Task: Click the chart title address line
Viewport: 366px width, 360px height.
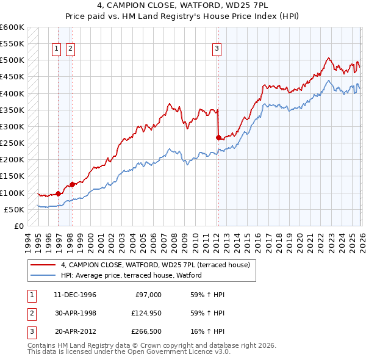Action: tap(183, 5)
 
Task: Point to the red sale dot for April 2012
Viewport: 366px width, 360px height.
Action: tap(218, 138)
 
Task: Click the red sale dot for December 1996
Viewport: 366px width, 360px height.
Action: tap(59, 193)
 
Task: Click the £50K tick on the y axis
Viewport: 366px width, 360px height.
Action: tap(14, 209)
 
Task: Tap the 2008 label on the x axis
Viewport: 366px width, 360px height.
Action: tap(175, 241)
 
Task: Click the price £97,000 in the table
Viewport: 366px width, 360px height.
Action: tap(148, 295)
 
